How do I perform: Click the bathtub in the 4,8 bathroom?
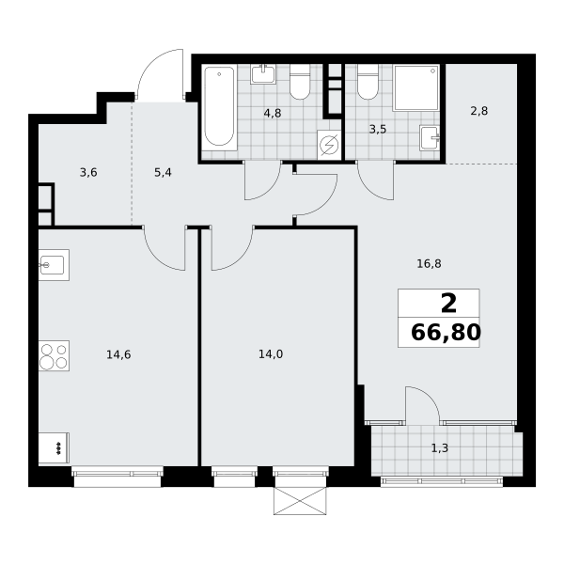219,107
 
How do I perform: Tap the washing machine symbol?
329,145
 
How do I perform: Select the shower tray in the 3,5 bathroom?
416,87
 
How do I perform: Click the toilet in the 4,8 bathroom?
300,82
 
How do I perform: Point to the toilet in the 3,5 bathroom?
368,82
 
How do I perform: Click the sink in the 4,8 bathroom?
263,74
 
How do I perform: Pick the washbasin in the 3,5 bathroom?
430,138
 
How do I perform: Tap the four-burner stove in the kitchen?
54,355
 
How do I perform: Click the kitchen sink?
54,265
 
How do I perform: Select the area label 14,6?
118,355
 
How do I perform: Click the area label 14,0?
271,354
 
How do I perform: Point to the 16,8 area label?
429,264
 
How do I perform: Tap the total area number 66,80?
446,332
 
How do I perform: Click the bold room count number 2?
448,304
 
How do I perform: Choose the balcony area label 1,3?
440,448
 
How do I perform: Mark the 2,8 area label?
479,111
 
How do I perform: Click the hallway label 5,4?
163,173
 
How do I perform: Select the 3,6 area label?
88,173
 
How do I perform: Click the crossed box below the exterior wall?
300,501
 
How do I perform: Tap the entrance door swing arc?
149,64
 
